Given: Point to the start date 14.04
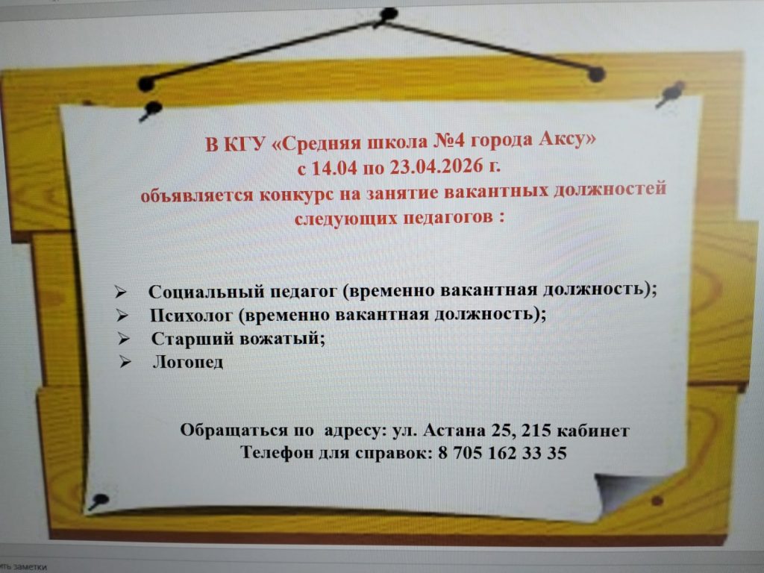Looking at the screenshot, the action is pos(334,168).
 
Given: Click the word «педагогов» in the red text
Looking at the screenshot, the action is pos(448,217).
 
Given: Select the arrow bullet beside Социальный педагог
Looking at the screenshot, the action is pos(121,292).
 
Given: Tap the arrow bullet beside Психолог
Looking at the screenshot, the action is pos(122,316).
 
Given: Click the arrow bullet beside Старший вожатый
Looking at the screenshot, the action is pos(124,339).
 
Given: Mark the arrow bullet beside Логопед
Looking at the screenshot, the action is pos(125,362).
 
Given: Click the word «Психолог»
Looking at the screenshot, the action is pos(191,316).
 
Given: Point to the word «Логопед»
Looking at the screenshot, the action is pos(188,362).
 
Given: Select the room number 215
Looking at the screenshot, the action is pos(536,430).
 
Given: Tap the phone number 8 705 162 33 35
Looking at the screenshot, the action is pos(502,453).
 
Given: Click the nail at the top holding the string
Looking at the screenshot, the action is pos(388,15).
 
